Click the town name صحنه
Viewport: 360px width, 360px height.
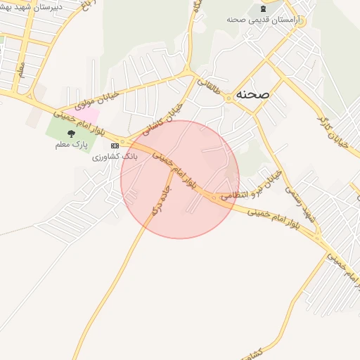(x=253, y=94)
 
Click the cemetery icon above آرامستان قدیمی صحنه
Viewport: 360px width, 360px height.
(x=264, y=8)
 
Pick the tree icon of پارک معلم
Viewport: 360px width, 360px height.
(x=70, y=133)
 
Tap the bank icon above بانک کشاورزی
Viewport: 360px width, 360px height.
(x=115, y=146)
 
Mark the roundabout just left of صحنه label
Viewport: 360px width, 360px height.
(x=229, y=98)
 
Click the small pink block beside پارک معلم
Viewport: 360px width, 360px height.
(x=84, y=113)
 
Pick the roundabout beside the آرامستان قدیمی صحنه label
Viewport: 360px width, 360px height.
(x=298, y=20)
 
